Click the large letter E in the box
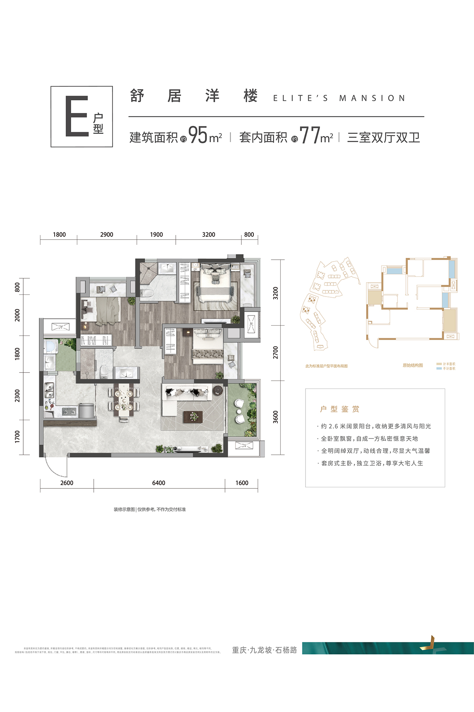click(77, 116)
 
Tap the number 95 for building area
click(198, 135)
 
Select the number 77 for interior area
click(310, 135)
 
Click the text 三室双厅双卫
click(383, 138)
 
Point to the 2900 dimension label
click(106, 235)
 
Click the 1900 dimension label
click(156, 235)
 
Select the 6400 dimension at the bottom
click(159, 483)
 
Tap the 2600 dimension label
click(67, 483)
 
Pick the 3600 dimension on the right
click(276, 417)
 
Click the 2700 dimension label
click(276, 352)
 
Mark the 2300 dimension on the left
click(18, 396)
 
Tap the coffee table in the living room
click(193, 416)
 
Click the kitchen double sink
click(49, 390)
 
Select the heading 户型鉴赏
click(339, 409)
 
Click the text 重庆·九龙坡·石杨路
click(264, 650)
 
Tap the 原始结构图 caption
click(413, 365)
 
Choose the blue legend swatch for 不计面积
click(439, 368)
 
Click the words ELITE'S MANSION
click(339, 98)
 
